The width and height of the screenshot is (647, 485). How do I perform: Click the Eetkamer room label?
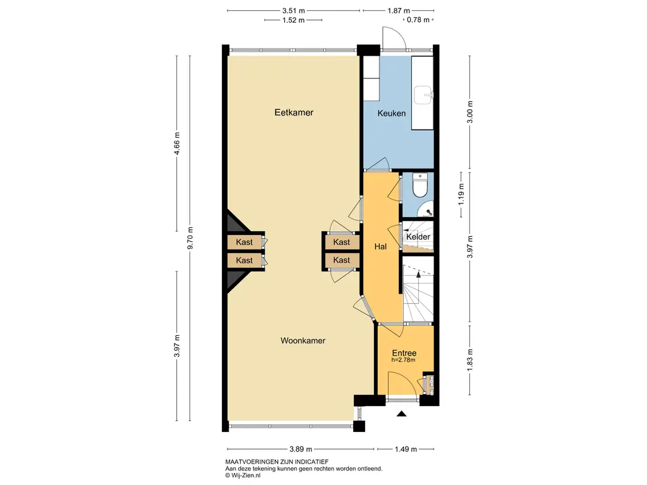click(x=294, y=112)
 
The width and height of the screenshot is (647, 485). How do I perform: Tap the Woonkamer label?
click(x=303, y=340)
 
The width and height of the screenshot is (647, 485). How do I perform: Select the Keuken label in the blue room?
click(x=392, y=113)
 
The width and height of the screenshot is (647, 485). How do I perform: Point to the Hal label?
click(x=380, y=247)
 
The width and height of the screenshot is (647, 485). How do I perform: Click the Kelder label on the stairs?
click(x=418, y=237)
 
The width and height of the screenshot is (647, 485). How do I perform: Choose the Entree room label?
click(x=404, y=353)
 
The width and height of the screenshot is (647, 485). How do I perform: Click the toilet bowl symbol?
click(x=420, y=188)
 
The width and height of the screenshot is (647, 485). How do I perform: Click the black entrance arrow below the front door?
click(x=401, y=414)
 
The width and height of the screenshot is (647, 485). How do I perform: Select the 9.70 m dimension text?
click(x=190, y=238)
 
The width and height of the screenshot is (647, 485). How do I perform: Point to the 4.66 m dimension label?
click(x=177, y=143)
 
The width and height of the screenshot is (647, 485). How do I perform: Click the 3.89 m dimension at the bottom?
click(x=300, y=449)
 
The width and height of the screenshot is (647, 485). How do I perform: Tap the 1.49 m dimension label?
click(x=406, y=449)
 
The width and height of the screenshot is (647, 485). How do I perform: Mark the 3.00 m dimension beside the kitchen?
click(x=469, y=112)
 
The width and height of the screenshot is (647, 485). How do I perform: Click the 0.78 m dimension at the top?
click(x=418, y=20)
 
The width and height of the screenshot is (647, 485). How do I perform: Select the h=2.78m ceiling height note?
click(x=403, y=360)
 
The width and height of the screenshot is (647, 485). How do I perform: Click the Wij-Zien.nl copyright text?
click(x=243, y=475)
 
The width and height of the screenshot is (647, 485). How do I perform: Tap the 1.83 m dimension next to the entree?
click(x=469, y=360)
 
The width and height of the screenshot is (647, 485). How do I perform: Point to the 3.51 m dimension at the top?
click(x=293, y=11)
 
